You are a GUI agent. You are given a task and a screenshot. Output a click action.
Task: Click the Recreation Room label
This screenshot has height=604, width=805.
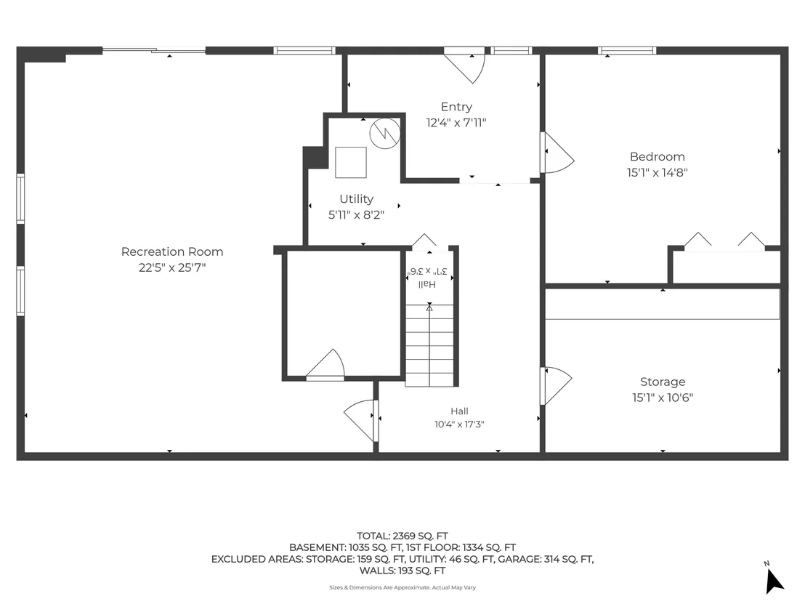pyautogui.click(x=172, y=251)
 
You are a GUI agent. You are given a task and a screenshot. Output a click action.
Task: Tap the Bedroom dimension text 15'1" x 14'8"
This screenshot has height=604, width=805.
pyautogui.click(x=657, y=172)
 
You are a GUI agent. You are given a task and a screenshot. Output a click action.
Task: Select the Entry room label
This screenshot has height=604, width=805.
pyautogui.click(x=456, y=107)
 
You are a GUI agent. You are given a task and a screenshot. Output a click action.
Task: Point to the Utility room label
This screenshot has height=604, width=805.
pyautogui.click(x=356, y=198)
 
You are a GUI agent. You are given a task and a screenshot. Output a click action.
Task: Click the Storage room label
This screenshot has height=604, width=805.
pyautogui.click(x=663, y=382)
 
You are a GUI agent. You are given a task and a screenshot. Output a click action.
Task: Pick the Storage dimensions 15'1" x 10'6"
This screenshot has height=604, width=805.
pyautogui.click(x=663, y=398)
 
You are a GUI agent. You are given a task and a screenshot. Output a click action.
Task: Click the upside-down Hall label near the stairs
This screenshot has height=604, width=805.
pyautogui.click(x=426, y=284)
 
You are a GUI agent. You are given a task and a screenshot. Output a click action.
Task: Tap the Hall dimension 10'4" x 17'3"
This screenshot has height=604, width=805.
pyautogui.click(x=459, y=424)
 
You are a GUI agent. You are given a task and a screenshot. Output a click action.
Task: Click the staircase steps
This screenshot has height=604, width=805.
pyautogui.click(x=429, y=345)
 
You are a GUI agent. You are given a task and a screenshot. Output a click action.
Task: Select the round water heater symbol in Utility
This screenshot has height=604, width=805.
pyautogui.click(x=385, y=134)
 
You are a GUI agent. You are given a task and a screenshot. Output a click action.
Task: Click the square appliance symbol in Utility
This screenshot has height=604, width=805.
pyautogui.click(x=351, y=162)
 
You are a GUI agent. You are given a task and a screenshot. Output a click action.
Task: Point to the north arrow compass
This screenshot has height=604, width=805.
pyautogui.click(x=773, y=580)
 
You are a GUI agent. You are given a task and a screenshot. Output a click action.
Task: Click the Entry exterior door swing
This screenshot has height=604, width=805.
pyautogui.click(x=465, y=66)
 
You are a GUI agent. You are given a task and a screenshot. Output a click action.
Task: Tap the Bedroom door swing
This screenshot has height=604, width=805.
pyautogui.click(x=558, y=153)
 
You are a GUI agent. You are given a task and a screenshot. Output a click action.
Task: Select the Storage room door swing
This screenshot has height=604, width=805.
pyautogui.click(x=557, y=386)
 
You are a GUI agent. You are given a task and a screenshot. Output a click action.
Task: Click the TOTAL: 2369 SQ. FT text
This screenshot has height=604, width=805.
pyautogui.click(x=402, y=536)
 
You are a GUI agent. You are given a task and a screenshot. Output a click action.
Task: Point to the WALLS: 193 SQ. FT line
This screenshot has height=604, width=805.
pyautogui.click(x=402, y=571)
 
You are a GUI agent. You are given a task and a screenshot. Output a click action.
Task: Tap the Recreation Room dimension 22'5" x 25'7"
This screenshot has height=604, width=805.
pyautogui.click(x=172, y=267)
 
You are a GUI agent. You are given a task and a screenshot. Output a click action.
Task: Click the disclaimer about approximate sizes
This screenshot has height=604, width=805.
pyautogui.click(x=402, y=587)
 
